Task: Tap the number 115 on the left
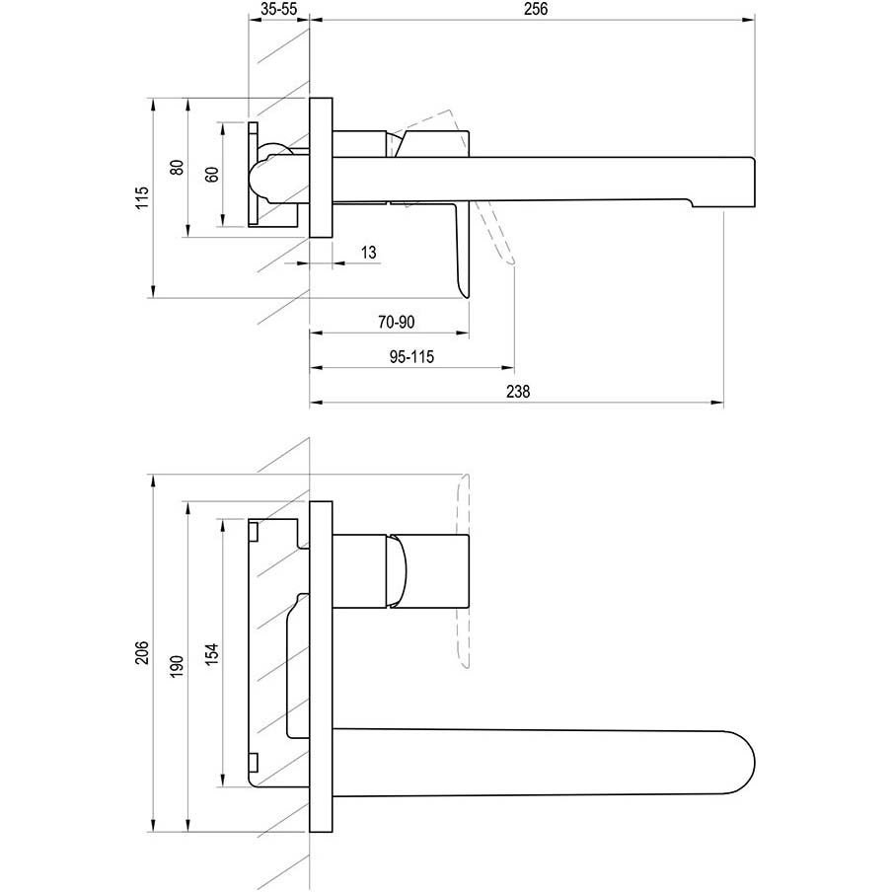142,197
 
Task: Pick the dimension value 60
211,176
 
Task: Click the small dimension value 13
368,254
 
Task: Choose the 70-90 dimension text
396,322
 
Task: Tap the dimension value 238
517,392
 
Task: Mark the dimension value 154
211,652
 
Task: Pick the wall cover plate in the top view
322,167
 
